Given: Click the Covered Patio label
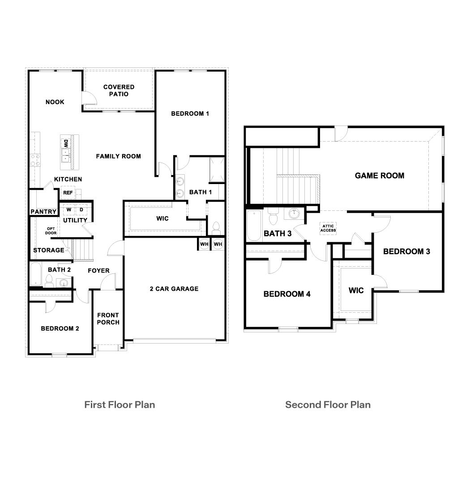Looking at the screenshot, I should point(119,90).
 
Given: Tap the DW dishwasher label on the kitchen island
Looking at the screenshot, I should point(65,144).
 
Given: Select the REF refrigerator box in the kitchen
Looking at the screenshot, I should point(68,193).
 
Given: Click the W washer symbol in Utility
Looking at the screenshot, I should point(69,210).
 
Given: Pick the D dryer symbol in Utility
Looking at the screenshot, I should point(81,210).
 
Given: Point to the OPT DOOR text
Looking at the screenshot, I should point(51,231).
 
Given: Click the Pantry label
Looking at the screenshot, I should point(43,212).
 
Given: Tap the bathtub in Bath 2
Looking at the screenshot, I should point(35,274).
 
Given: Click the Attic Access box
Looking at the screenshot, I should point(328,228).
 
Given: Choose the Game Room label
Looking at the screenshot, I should point(379,176).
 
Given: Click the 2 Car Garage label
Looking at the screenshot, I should point(174,289).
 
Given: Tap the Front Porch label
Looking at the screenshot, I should point(108,319).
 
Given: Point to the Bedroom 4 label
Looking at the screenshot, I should point(287,294).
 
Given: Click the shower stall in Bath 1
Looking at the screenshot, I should point(217,169).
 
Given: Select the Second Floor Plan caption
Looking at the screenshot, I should point(328,405).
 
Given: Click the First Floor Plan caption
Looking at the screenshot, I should point(120,405).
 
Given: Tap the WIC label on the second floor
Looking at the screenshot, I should point(356,290).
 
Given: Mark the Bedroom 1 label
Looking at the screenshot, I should point(190,113).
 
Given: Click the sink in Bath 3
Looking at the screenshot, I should point(294,214).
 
